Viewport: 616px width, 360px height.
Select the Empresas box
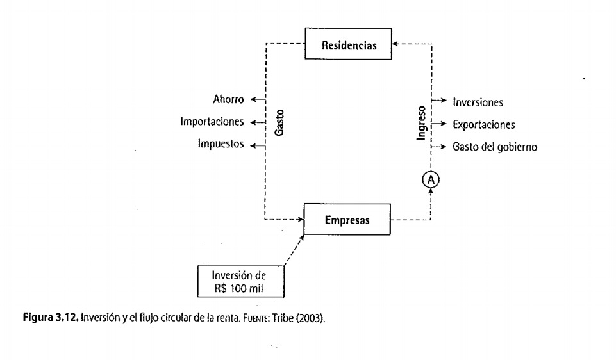coord(347,221)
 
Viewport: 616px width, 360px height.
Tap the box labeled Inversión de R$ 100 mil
coord(240,280)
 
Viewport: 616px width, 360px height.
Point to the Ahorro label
coord(228,99)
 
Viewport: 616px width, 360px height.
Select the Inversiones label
coord(478,102)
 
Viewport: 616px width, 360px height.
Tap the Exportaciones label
coord(483,124)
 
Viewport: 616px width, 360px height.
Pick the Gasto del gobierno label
coord(494,147)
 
